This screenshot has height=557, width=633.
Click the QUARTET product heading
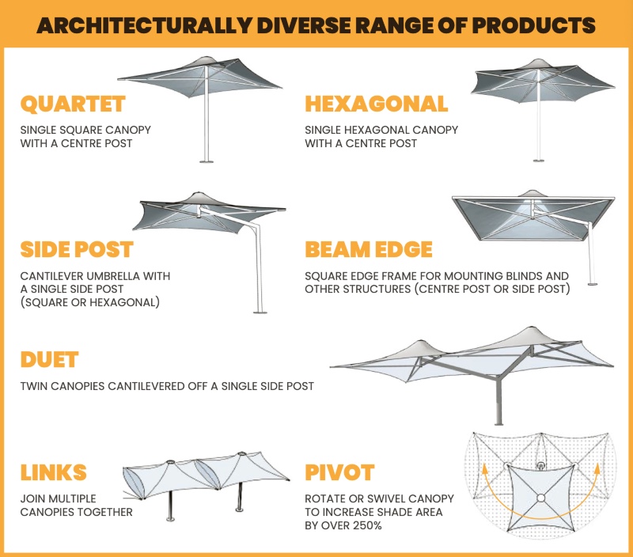[x=73, y=104]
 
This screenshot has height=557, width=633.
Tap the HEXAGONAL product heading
[x=377, y=104]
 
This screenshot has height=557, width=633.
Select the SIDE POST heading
[x=77, y=249]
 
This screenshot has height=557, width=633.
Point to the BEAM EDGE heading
[x=369, y=249]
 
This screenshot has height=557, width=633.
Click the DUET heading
[x=49, y=360]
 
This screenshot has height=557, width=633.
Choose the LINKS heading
[x=53, y=472]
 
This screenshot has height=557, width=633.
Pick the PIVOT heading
[x=339, y=472]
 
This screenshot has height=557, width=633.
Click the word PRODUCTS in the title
[x=533, y=25]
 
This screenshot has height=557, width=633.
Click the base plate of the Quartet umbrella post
[x=207, y=161]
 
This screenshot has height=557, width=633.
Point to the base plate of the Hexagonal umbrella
[x=538, y=161]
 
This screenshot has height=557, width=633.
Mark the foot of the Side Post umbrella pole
[x=260, y=312]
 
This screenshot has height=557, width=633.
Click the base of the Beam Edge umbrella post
[x=592, y=284]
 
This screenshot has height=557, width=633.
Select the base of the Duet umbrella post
[x=498, y=423]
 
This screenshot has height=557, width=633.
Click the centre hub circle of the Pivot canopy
[x=541, y=498]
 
